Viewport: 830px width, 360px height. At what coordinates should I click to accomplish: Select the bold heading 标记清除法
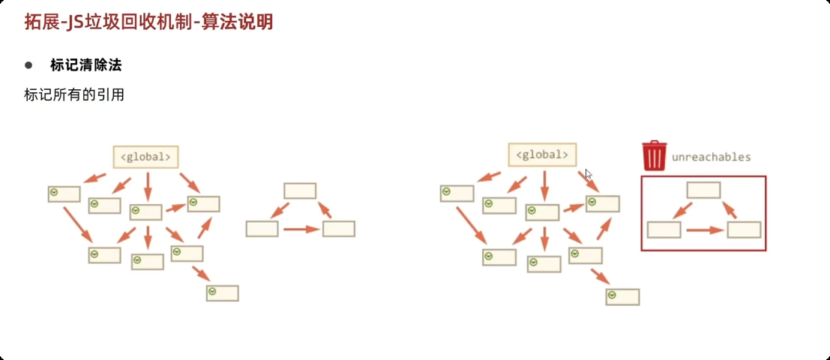click(x=86, y=65)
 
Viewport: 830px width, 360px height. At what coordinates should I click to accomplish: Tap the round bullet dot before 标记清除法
click(x=29, y=65)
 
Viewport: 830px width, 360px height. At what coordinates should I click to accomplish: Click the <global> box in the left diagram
click(x=145, y=157)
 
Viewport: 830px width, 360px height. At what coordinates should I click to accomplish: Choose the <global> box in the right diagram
click(x=543, y=155)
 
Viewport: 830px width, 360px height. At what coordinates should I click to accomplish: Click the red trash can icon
click(x=655, y=156)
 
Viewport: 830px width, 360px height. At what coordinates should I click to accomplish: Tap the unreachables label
click(x=711, y=157)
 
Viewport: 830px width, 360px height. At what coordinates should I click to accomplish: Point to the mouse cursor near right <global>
click(x=589, y=173)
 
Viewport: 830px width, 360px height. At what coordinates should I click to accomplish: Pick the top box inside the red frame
click(x=703, y=190)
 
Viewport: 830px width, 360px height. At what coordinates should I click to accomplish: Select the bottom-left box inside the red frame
click(x=664, y=229)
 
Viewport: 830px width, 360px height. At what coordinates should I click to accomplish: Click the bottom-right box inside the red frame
click(x=744, y=229)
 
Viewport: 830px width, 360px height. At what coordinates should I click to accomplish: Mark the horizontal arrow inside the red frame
click(x=704, y=230)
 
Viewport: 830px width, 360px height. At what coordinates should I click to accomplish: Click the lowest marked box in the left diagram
click(x=223, y=292)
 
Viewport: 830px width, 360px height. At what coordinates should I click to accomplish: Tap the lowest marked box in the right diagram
click(x=622, y=296)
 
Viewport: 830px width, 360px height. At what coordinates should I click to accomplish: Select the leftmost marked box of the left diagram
click(x=64, y=194)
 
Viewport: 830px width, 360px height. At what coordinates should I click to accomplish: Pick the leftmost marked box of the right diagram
click(x=457, y=193)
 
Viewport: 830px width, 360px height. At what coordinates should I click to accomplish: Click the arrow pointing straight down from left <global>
click(x=147, y=185)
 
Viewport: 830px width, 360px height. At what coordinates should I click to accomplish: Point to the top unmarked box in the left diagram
click(x=300, y=190)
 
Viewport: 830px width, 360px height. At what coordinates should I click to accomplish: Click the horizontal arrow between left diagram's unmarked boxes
click(x=301, y=229)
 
